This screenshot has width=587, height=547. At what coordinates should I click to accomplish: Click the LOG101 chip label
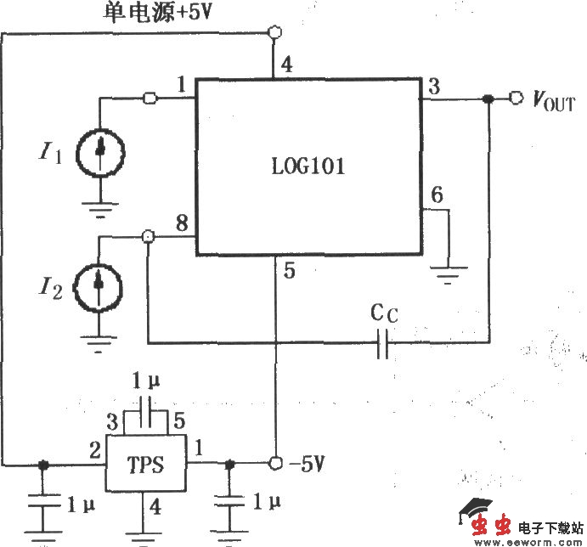309,167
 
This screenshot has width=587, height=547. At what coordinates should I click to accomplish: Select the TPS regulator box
146,465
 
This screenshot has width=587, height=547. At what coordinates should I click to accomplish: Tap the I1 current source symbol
100,152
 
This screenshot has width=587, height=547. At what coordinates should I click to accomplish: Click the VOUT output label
553,103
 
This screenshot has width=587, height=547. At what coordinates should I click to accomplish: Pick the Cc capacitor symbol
382,343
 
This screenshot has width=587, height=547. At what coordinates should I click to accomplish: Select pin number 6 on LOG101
436,195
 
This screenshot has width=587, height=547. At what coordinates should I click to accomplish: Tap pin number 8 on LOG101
181,224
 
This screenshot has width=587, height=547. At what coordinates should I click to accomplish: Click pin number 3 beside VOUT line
434,86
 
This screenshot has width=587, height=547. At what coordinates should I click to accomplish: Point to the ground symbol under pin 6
449,273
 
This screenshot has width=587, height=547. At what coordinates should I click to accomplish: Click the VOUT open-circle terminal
516,99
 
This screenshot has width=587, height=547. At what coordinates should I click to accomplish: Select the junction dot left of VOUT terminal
488,99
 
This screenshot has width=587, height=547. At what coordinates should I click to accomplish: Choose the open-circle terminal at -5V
275,464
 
